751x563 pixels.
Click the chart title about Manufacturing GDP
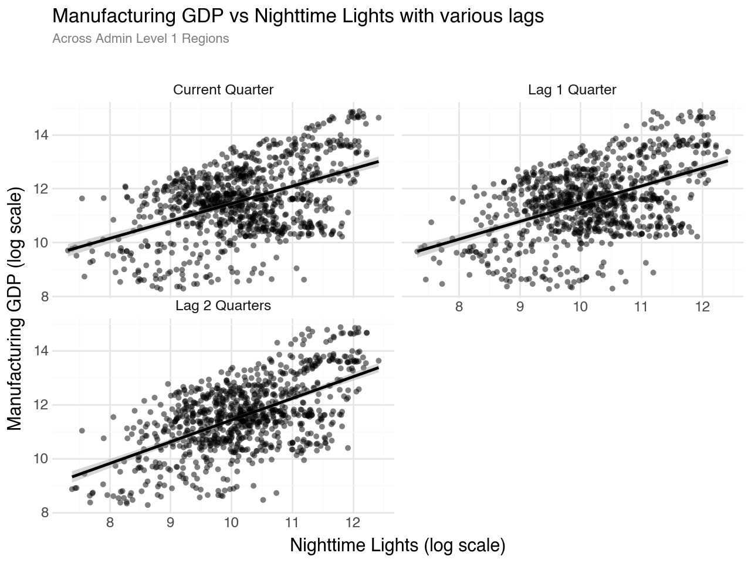(298, 16)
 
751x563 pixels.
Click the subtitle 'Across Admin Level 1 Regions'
(140, 39)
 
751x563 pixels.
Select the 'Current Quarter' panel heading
(223, 90)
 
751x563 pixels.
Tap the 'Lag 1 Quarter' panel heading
(572, 90)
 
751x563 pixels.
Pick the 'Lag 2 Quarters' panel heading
(223, 306)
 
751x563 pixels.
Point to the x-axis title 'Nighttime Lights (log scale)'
(397, 545)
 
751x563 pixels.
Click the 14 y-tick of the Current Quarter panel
(39, 135)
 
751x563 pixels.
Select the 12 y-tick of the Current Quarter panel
(39, 189)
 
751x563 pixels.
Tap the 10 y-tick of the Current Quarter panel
(39, 243)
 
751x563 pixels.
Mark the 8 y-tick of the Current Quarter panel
(42, 297)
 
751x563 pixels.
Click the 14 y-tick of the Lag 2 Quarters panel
(39, 351)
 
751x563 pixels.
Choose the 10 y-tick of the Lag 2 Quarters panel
(39, 459)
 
